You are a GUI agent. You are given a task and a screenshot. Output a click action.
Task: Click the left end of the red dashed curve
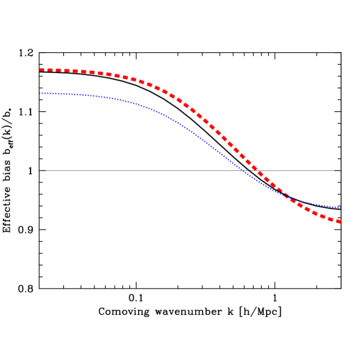tap(40, 69)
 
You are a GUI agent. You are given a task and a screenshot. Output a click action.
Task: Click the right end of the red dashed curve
tap(339, 222)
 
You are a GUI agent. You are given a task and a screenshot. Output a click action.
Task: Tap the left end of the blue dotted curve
tap(40, 93)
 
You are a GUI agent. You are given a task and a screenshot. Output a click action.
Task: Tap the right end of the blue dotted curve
tap(341, 207)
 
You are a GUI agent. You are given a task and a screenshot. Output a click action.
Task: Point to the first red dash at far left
tap(43, 69)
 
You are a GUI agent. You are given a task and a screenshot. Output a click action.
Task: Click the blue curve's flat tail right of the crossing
tap(320, 205)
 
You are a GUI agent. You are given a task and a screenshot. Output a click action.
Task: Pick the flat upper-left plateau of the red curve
tap(69, 71)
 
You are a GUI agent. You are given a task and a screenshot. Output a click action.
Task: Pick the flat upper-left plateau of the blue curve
tap(69, 94)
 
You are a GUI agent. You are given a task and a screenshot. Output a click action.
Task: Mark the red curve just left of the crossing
tap(278, 190)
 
